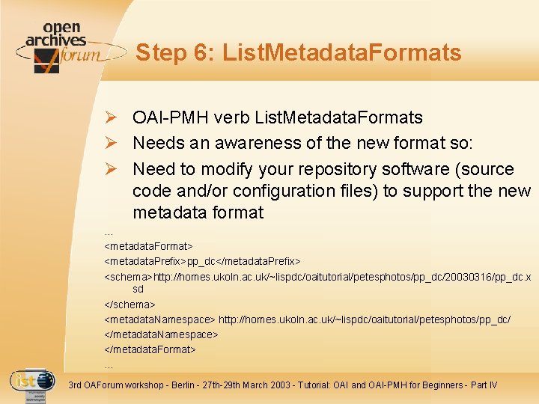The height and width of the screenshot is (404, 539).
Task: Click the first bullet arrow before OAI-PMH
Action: [x=110, y=117]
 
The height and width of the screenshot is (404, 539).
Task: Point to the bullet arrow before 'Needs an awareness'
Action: [x=110, y=143]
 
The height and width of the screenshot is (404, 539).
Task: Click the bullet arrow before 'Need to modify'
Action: [x=110, y=169]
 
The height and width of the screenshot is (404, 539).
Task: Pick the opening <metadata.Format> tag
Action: [x=148, y=246]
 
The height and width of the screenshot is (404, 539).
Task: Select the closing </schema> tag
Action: [x=130, y=304]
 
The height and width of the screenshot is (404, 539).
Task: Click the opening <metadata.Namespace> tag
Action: [x=159, y=319]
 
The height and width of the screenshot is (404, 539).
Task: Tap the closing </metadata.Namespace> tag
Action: [x=161, y=334]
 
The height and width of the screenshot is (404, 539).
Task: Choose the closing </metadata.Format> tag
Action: [x=150, y=349]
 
